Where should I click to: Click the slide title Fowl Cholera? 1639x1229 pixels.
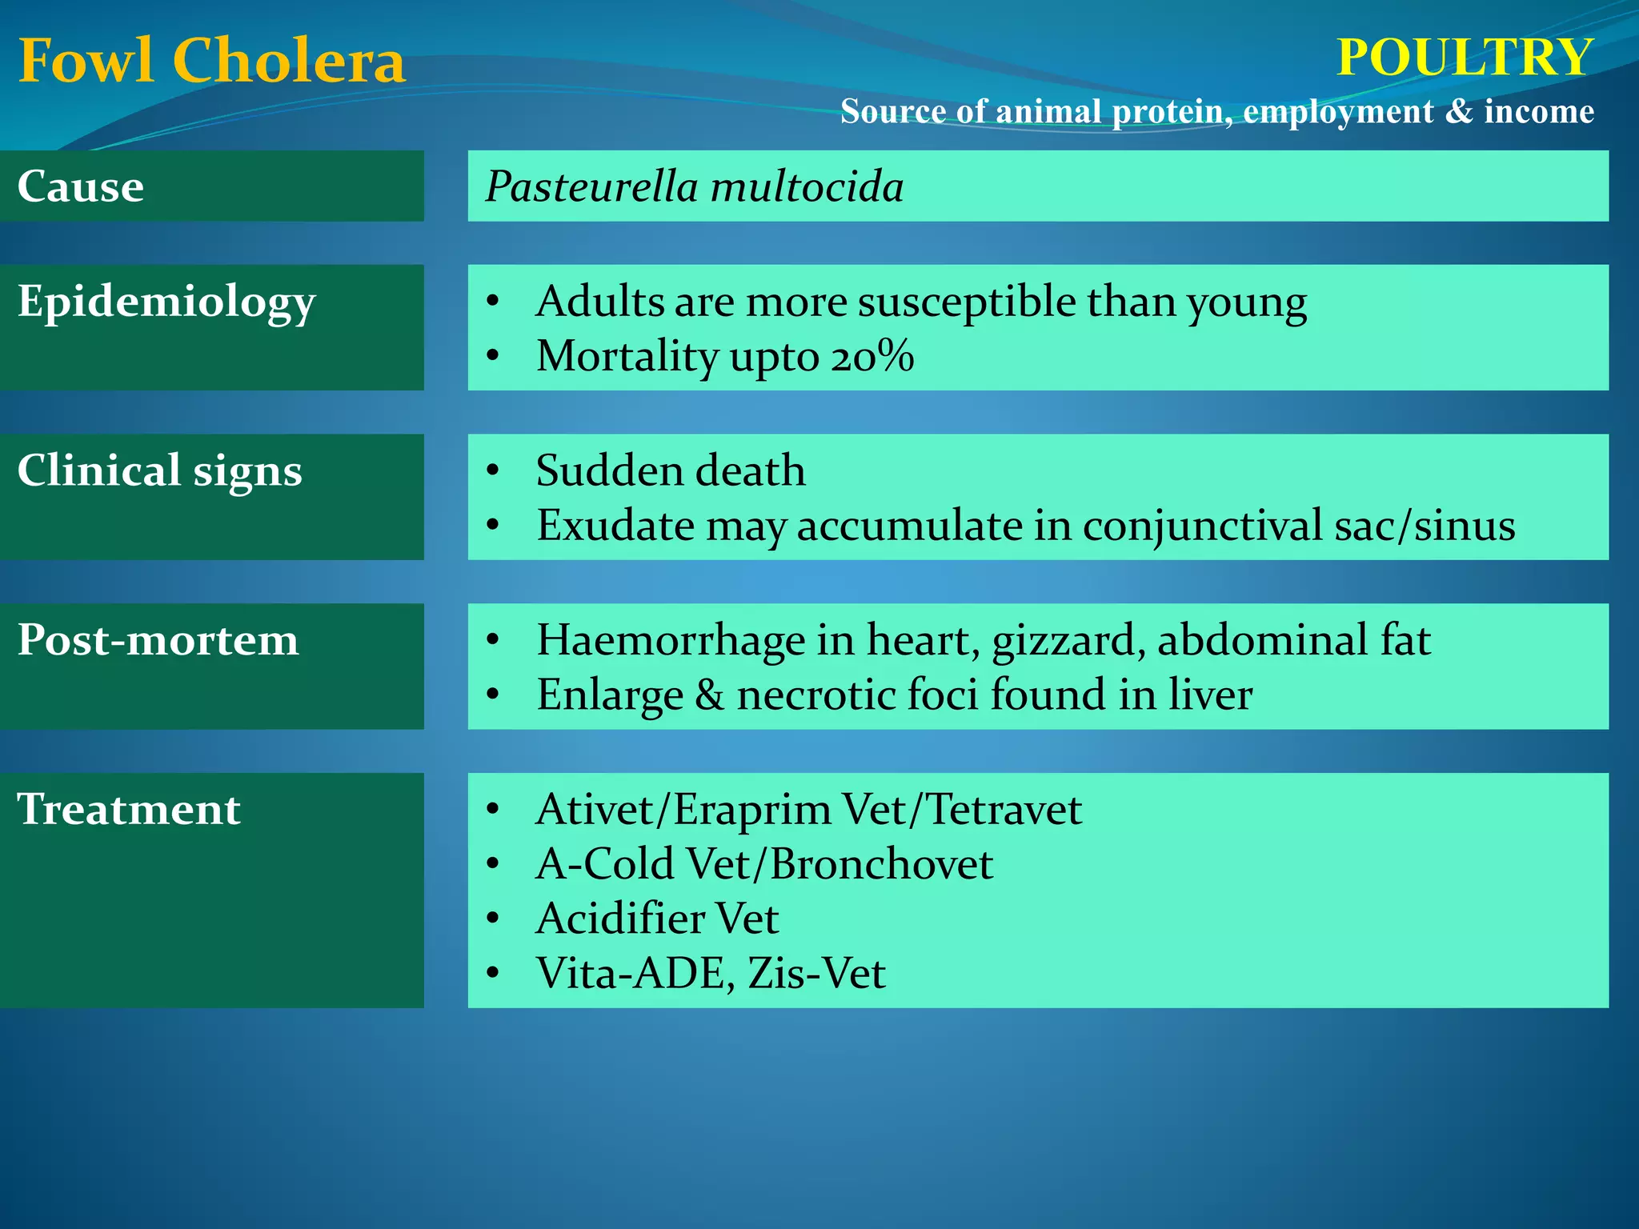pos(211,61)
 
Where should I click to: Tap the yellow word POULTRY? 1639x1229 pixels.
pos(1465,58)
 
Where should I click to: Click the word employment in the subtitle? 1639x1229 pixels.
pos(1338,111)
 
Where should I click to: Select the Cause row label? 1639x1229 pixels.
pos(81,186)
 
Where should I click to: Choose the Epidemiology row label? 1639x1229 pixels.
pos(166,302)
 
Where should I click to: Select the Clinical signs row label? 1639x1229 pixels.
pos(160,470)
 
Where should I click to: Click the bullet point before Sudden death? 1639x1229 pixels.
pos(493,470)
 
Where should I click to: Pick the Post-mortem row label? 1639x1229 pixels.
pos(158,640)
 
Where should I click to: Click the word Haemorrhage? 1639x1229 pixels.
pos(671,640)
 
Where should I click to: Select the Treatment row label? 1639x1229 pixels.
pos(129,809)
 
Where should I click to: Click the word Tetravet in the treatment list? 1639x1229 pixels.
pos(1004,809)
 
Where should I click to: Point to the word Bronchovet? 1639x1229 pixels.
pos(881,864)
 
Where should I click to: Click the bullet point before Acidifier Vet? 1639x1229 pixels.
pos(493,919)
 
